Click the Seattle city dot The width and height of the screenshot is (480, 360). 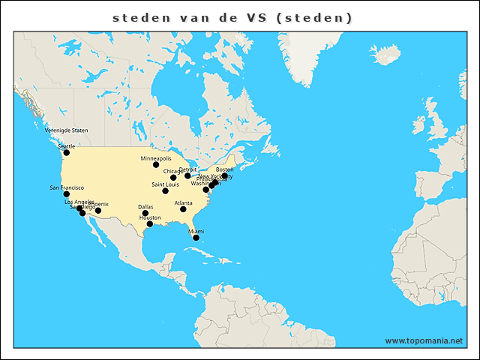click(66, 153)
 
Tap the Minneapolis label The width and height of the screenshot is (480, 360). click(156, 159)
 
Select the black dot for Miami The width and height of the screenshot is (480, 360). click(196, 238)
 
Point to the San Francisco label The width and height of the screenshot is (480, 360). click(67, 187)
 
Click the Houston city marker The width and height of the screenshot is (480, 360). click(150, 224)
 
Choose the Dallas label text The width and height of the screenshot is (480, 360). click(145, 207)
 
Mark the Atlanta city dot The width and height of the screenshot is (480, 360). click(183, 209)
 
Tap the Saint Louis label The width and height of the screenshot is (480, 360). click(165, 184)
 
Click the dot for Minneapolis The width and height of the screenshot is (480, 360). click(156, 165)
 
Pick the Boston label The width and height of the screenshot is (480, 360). click(224, 169)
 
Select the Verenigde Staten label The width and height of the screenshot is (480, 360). click(66, 130)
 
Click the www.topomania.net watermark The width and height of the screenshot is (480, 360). click(424, 340)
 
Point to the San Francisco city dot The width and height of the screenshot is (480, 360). click(66, 194)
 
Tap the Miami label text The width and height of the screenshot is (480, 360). click(196, 232)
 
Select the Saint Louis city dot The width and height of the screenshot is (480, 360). click(165, 191)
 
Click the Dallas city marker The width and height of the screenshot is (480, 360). click(145, 214)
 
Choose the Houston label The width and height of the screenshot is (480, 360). click(150, 217)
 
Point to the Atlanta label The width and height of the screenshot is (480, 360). click(183, 202)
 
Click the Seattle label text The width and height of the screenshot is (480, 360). click(66, 146)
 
